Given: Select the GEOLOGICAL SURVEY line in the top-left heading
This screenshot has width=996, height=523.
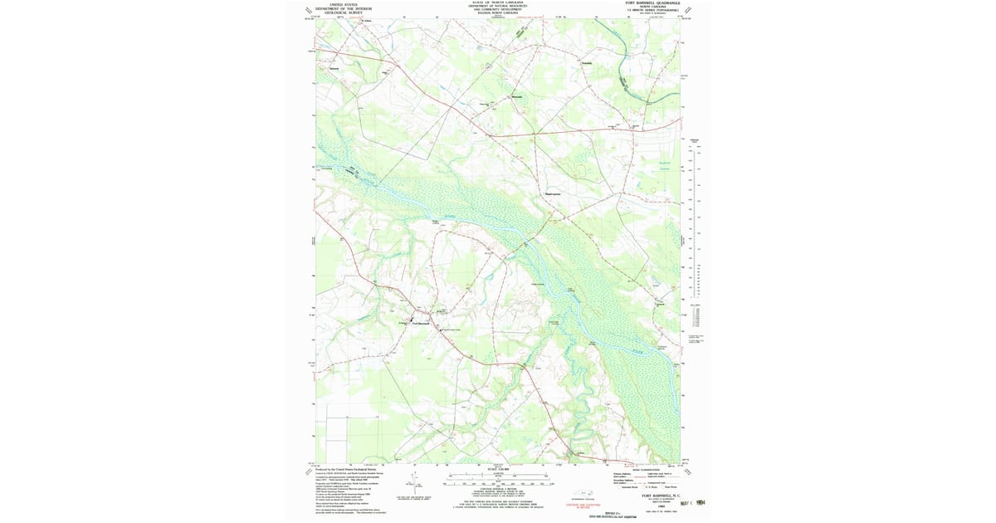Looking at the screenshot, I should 343,12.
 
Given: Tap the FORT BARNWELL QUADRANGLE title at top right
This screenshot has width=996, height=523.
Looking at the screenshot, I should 652,3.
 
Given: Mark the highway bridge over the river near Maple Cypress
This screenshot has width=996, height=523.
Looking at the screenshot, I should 526,243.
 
